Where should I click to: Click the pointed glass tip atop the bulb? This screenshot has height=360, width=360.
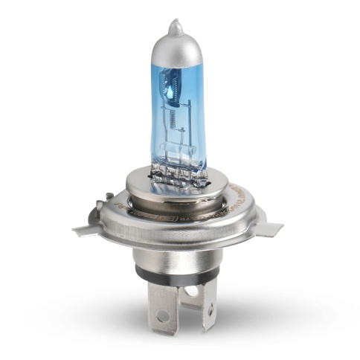176,26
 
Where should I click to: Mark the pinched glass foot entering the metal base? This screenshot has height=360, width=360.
180,177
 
